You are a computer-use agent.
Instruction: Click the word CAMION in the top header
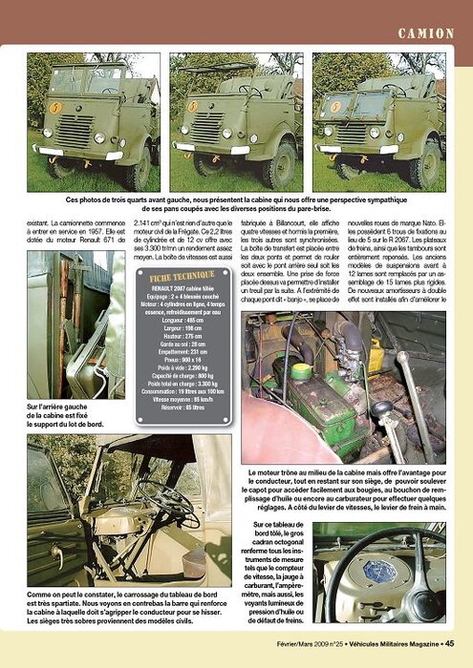pyautogui.click(x=428, y=33)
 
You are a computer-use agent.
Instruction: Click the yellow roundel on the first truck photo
pyautogui.click(x=55, y=108)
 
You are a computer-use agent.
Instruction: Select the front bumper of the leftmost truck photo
pyautogui.click(x=74, y=152)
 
